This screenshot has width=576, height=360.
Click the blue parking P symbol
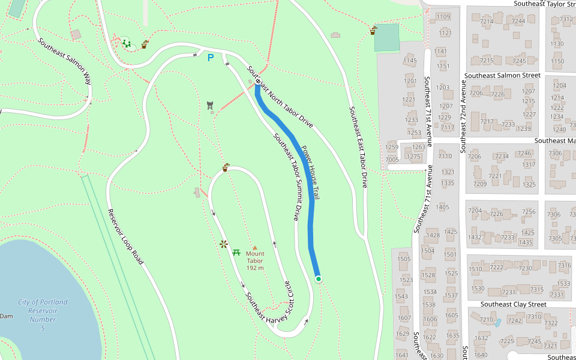pos(210,58)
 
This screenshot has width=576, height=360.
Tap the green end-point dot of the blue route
pos(319,278)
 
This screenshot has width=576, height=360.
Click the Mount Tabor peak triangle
pos(254,247)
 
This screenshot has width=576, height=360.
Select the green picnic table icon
pos(236,252)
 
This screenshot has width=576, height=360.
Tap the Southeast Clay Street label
pos(514,304)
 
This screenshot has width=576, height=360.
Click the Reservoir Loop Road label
pos(126,237)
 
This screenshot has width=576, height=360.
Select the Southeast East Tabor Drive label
pos(358,148)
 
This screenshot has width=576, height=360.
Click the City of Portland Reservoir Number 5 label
pos(43,315)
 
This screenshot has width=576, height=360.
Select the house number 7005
pos(392,160)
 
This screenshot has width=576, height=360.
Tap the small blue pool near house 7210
pos(497,322)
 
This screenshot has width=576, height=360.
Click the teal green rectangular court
pos(386,37)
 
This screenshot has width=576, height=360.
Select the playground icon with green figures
pos(126,43)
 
